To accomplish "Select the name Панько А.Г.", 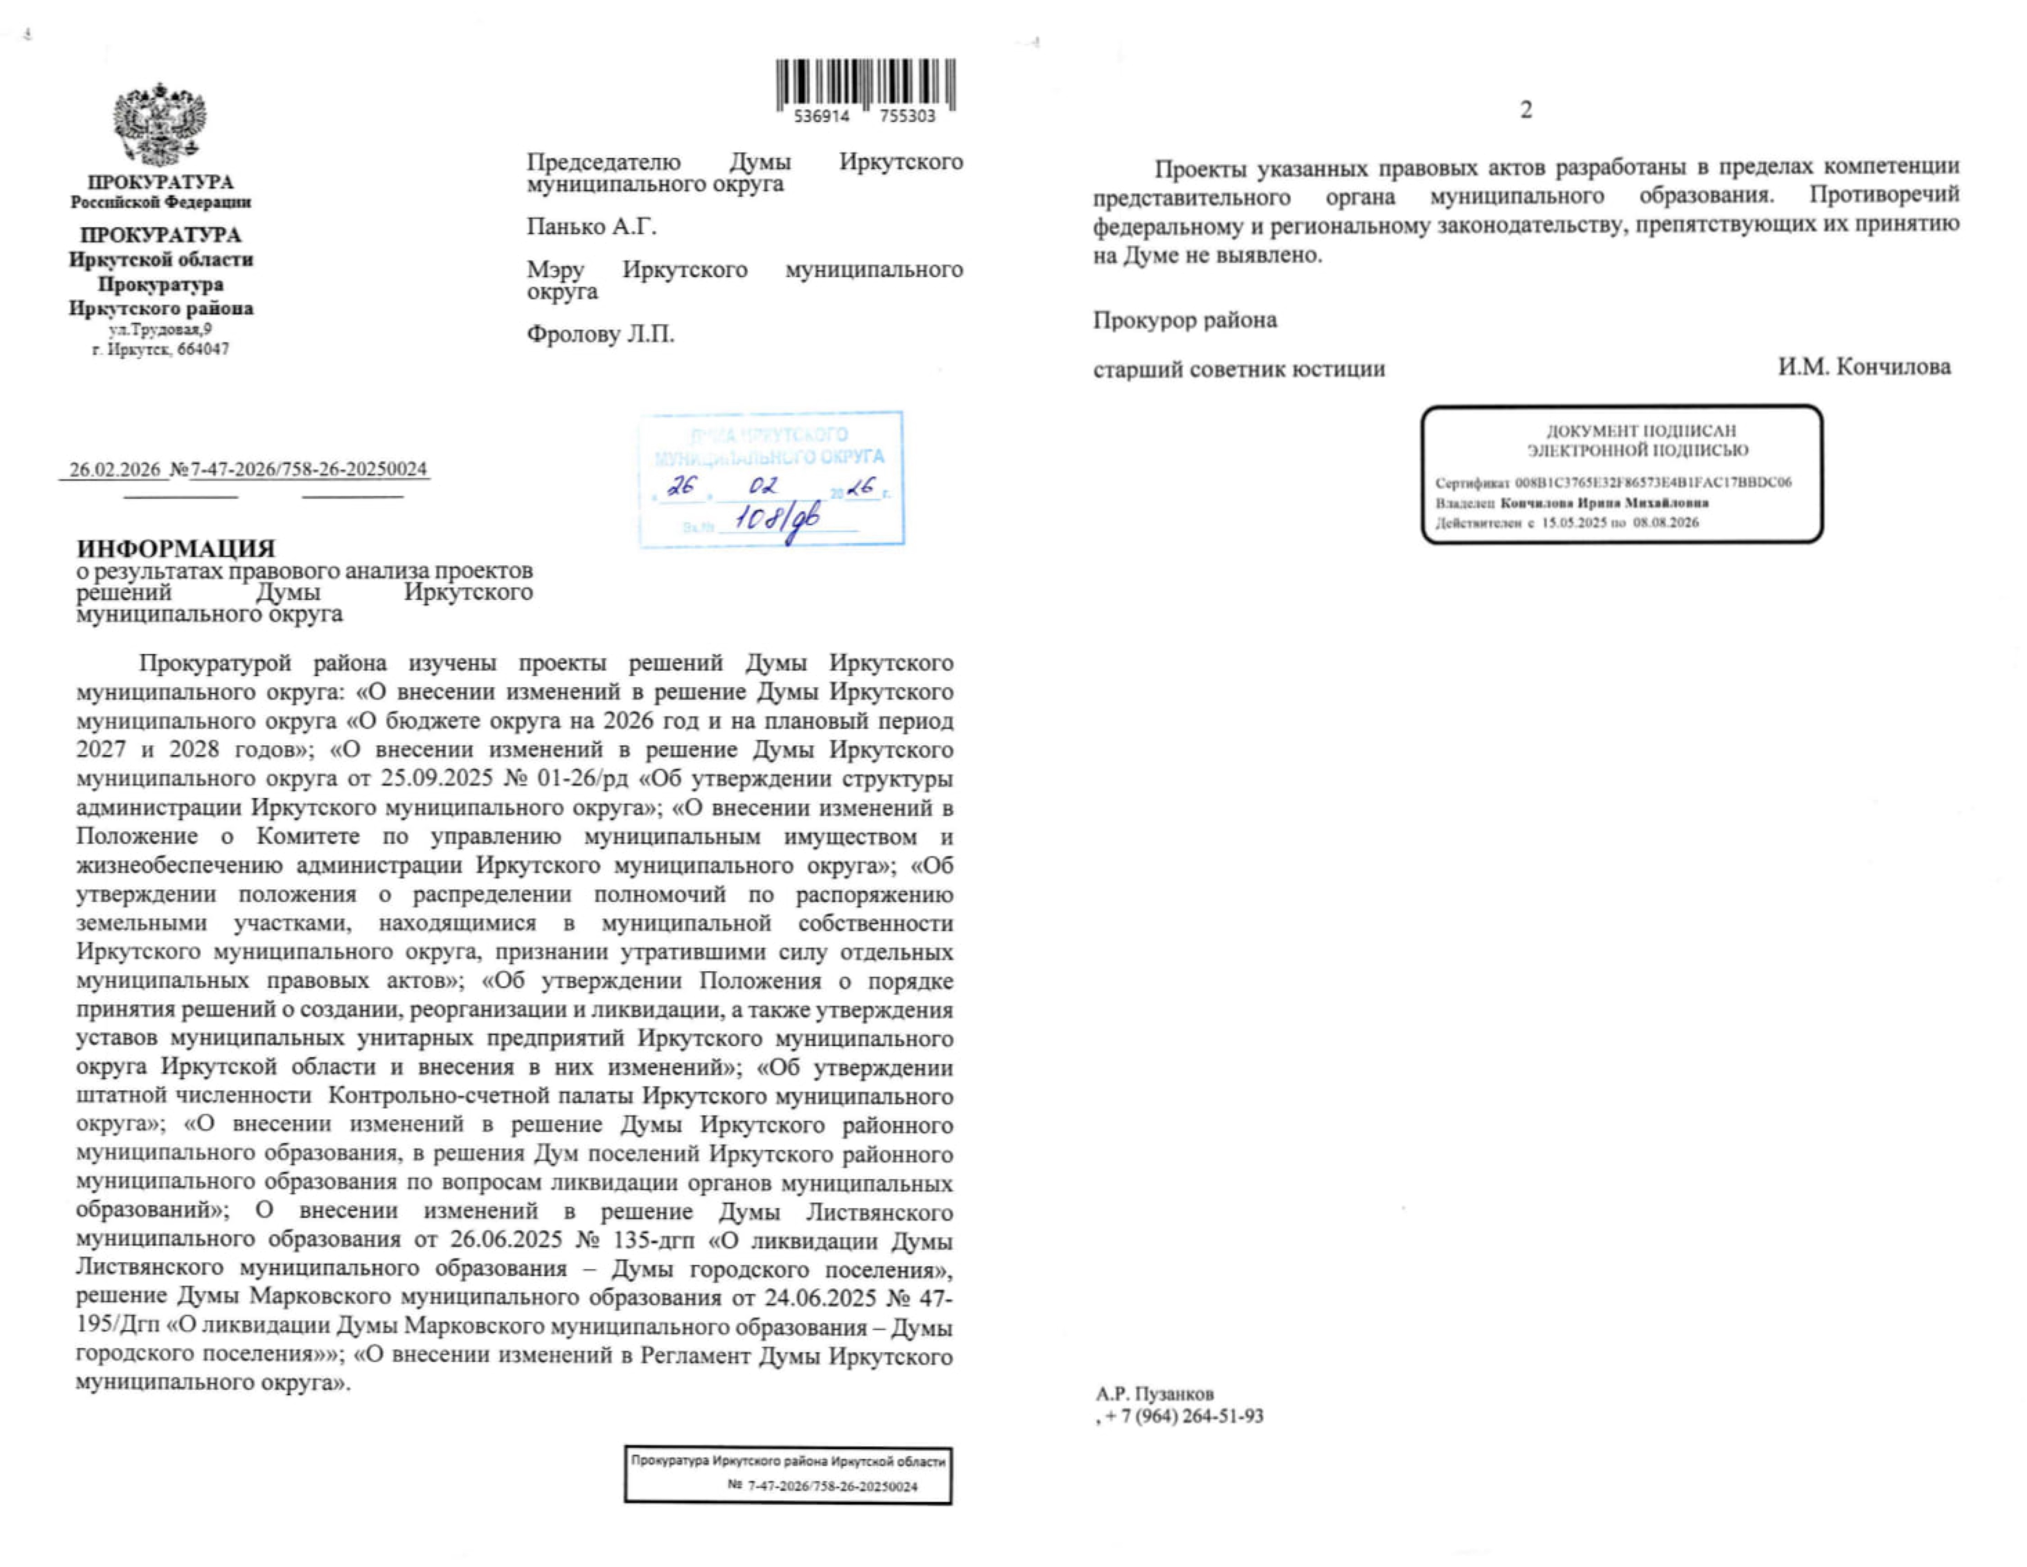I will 591,226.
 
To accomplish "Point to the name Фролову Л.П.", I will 600,334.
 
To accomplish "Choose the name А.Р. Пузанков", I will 1154,1393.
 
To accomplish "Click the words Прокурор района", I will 1184,320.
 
